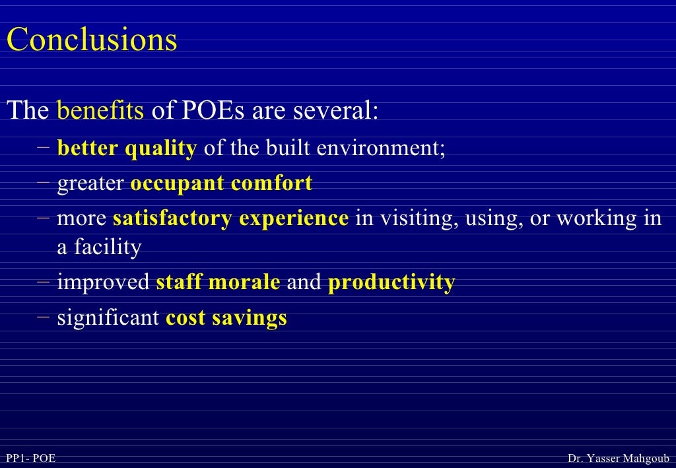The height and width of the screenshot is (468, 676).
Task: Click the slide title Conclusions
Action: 92,40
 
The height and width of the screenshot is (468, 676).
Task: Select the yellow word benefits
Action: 100,110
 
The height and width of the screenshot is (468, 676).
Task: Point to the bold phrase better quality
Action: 127,149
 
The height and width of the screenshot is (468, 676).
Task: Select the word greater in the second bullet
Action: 90,184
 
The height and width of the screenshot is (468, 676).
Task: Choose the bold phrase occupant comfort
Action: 221,184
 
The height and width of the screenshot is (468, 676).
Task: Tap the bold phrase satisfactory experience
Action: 230,218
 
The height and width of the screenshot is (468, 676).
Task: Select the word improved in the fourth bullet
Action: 104,283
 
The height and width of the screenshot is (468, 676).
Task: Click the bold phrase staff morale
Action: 218,283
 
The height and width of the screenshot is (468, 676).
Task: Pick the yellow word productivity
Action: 391,283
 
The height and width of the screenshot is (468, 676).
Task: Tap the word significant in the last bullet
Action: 108,318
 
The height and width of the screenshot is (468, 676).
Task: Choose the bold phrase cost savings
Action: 226,318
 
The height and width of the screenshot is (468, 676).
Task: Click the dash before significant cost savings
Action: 44,317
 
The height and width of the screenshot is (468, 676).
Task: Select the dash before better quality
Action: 44,147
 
